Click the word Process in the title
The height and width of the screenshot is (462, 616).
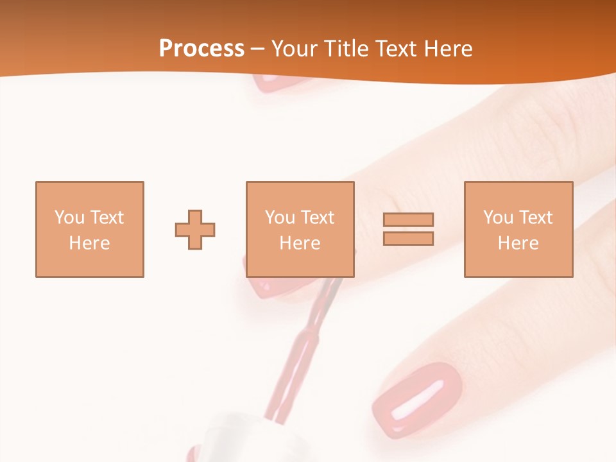[x=201, y=49]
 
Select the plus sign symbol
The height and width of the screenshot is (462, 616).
[x=195, y=229]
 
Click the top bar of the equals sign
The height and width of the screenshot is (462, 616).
[x=408, y=219]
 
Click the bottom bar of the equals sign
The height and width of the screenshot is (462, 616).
[x=408, y=238]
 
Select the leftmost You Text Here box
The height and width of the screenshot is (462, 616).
[x=89, y=229]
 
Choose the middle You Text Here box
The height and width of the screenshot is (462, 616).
[x=300, y=229]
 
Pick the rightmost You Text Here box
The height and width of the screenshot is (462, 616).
[x=518, y=229]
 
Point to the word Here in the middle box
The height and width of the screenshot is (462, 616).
[x=300, y=243]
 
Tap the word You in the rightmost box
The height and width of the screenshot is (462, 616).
[x=498, y=217]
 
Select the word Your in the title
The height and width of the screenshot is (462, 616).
[x=296, y=49]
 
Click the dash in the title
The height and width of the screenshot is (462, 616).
[x=258, y=49]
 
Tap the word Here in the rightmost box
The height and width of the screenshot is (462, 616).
[x=518, y=243]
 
